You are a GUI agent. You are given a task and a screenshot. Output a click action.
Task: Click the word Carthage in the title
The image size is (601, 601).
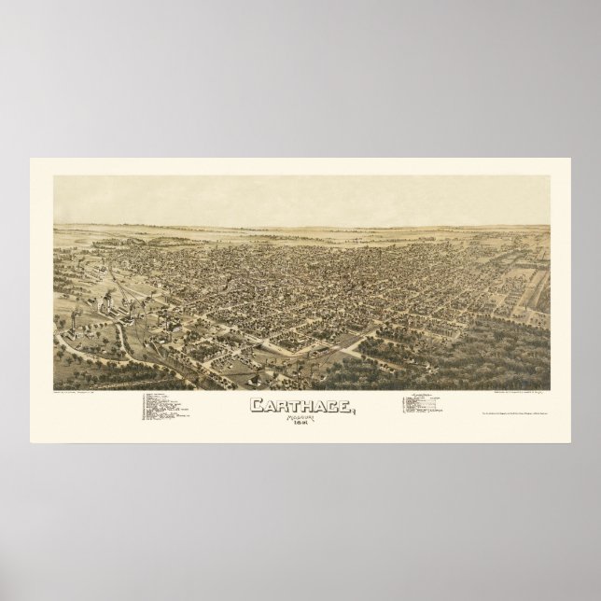pyautogui.click(x=300, y=406)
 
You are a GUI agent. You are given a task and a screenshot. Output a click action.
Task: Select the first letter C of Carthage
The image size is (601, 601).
pyautogui.click(x=256, y=406)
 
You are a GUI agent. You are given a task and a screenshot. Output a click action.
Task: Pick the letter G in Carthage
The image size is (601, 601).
pyautogui.click(x=328, y=406)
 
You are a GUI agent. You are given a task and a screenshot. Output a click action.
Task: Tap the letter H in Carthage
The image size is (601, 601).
pyautogui.click(x=300, y=406)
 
